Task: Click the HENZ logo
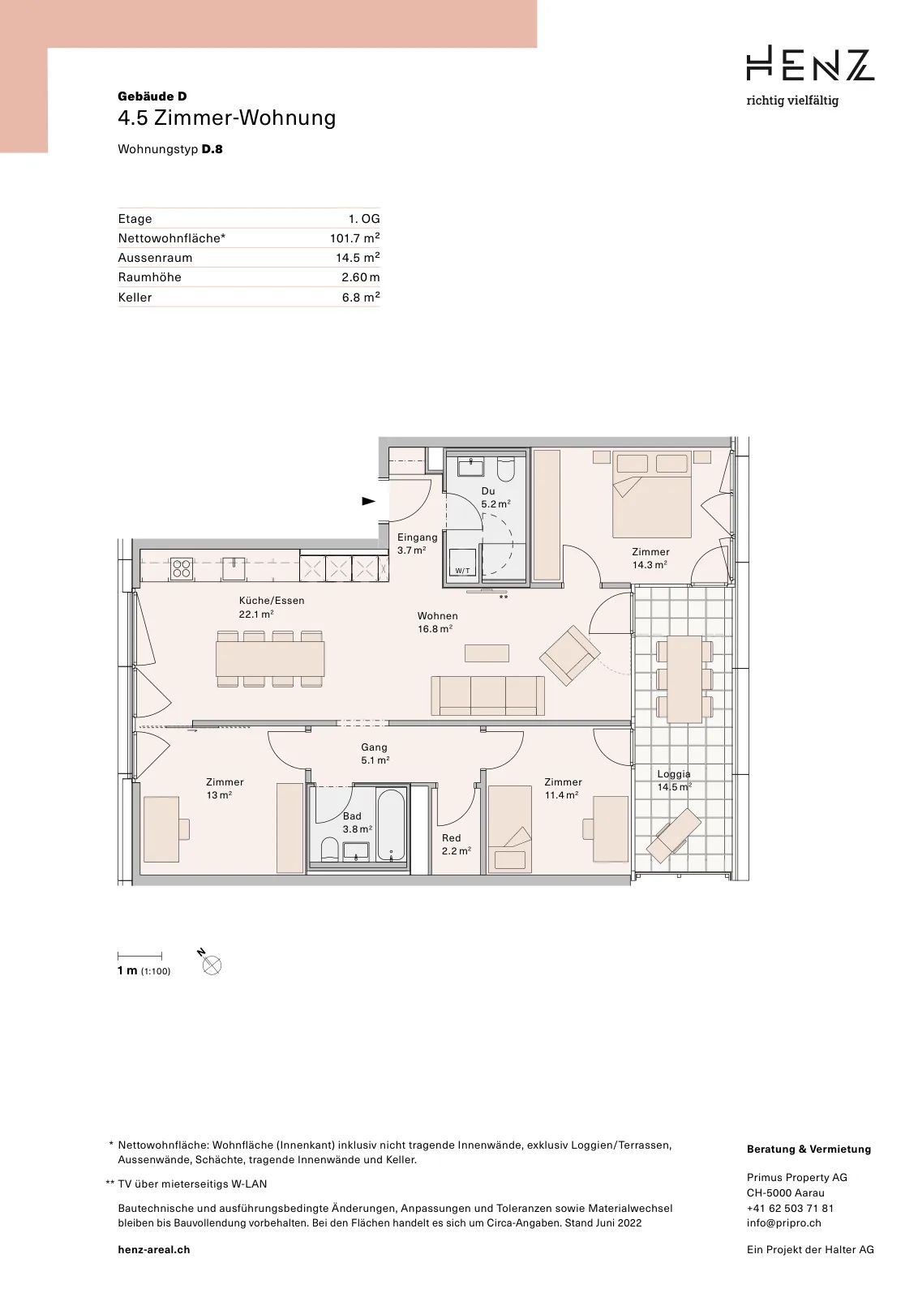[x=809, y=63]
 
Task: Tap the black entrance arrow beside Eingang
[x=368, y=501]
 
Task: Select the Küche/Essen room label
[x=271, y=607]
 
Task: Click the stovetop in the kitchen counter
[x=182, y=568]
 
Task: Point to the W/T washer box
[x=462, y=563]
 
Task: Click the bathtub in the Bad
[x=390, y=824]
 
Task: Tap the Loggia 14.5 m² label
[x=674, y=780]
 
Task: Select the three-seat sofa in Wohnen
[x=487, y=696]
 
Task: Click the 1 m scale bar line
[x=139, y=956]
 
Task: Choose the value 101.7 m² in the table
[x=354, y=238]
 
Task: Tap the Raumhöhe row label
[x=149, y=276]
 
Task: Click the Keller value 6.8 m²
[x=361, y=297]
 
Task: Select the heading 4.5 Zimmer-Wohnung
[x=226, y=118]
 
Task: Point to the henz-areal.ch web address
[x=153, y=1249]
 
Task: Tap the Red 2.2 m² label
[x=456, y=844]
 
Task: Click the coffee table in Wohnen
[x=487, y=653]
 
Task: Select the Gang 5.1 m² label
[x=375, y=753]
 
